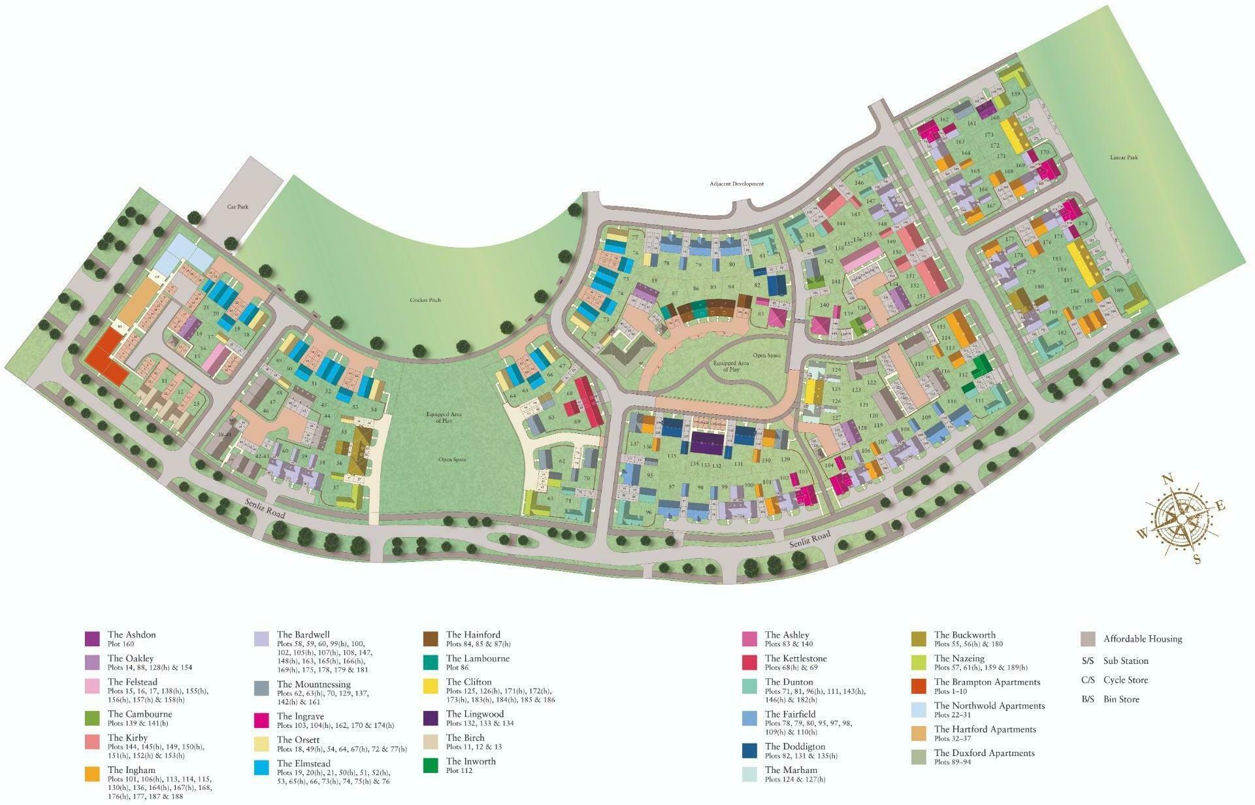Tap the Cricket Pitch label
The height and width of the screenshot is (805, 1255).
[425, 300]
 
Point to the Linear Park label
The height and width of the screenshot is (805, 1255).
[1124, 157]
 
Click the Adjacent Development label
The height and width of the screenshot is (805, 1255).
[736, 184]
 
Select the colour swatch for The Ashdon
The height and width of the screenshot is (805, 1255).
[92, 638]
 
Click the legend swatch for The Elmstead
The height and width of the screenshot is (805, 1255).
[261, 767]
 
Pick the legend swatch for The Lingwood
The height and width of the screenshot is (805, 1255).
[431, 718]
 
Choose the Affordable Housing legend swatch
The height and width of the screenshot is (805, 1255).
[1088, 639]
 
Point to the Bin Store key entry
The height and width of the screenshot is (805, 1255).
[1110, 699]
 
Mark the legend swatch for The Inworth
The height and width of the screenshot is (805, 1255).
[431, 765]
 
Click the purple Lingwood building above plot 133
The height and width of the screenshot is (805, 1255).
[707, 444]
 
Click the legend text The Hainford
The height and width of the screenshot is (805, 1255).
[473, 634]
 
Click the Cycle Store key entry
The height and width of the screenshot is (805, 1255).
[1115, 680]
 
